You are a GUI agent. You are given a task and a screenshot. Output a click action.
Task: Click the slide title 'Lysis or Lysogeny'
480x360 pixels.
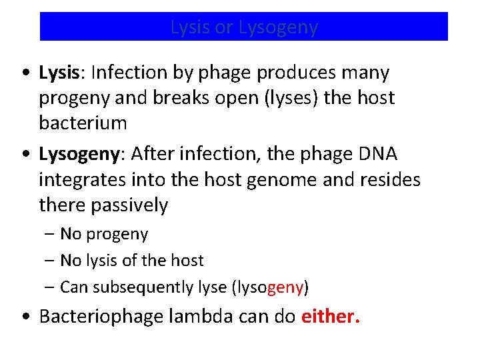[244, 27]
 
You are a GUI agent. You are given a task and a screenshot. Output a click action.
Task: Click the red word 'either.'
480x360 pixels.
[331, 315]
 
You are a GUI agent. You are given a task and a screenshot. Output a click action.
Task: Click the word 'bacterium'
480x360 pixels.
[83, 123]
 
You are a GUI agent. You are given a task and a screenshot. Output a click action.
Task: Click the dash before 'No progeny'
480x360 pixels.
[51, 235]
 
